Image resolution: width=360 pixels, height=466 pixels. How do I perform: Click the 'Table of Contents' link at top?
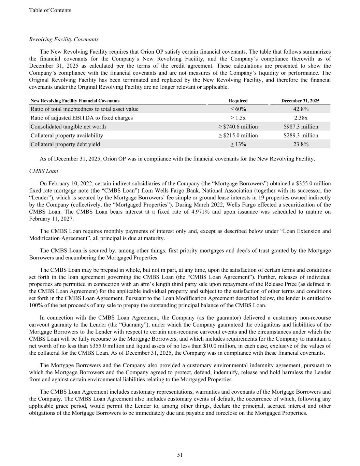click(x=50, y=10)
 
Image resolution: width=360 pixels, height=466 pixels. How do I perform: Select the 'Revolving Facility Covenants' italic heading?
click(x=64, y=39)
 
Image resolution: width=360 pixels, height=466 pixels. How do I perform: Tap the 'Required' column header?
click(x=238, y=101)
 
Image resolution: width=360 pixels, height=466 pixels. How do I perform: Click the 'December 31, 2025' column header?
click(x=300, y=101)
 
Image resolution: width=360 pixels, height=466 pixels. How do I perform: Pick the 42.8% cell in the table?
click(x=301, y=109)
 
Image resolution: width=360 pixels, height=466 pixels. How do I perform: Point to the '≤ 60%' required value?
click(x=238, y=109)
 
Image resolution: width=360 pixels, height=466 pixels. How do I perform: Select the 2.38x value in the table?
click(x=301, y=118)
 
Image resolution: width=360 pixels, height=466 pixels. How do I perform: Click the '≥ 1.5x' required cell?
click(x=238, y=118)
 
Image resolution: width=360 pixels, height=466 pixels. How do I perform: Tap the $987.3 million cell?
click(x=301, y=127)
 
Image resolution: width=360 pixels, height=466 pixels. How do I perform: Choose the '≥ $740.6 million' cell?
click(x=238, y=127)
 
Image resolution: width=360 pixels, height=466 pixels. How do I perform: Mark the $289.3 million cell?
click(x=301, y=136)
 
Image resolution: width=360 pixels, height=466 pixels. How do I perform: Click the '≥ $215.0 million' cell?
click(x=238, y=136)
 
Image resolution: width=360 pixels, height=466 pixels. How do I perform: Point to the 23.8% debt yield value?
click(x=301, y=144)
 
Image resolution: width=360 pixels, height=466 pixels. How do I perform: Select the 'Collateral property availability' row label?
click(x=67, y=136)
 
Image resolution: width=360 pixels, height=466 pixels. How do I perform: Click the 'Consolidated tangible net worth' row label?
click(x=68, y=127)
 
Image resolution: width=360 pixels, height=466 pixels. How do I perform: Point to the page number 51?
click(x=180, y=455)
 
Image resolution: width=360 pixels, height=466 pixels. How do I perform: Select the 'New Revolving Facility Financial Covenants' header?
click(x=75, y=101)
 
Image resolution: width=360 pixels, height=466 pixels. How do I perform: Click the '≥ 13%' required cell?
click(x=238, y=144)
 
